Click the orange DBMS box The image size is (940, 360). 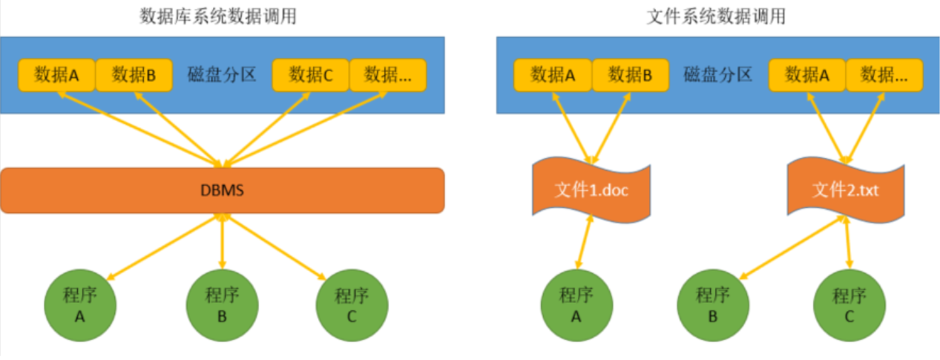(222, 190)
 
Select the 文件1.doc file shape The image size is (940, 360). (591, 190)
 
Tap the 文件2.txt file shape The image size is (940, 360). (847, 190)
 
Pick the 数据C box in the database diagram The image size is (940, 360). (311, 75)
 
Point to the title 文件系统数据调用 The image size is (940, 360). (716, 16)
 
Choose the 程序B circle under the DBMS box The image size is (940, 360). (222, 304)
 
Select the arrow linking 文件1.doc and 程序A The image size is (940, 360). (584, 243)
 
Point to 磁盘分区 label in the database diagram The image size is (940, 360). (222, 75)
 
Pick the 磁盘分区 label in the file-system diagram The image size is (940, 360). (717, 75)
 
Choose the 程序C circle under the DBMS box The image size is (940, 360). (352, 304)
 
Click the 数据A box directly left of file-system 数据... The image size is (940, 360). (807, 75)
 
